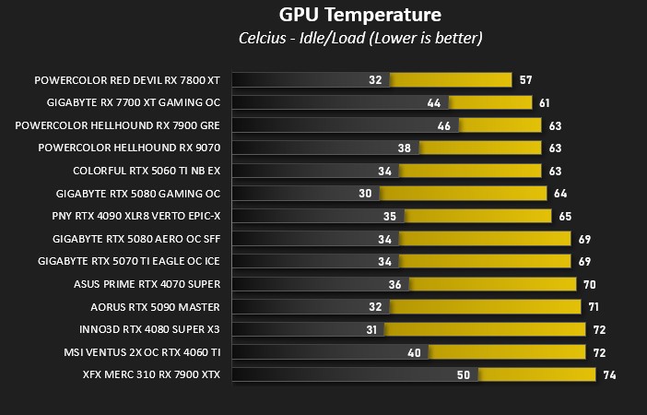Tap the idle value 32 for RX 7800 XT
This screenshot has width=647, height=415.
coord(375,80)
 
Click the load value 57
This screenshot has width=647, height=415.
coord(525,80)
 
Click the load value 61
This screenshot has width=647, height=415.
coord(545,103)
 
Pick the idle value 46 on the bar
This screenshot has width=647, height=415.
coord(444,125)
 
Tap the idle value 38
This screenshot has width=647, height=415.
coord(404,148)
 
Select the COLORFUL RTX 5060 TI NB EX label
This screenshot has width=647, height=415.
coord(147,171)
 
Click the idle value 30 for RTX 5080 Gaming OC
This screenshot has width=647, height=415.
coord(366,194)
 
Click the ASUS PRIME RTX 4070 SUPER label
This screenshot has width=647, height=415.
coord(147,284)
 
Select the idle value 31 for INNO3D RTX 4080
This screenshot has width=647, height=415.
coord(371,329)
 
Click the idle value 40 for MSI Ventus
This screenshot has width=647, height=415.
coord(414,352)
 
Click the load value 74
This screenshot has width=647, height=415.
coord(609,375)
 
